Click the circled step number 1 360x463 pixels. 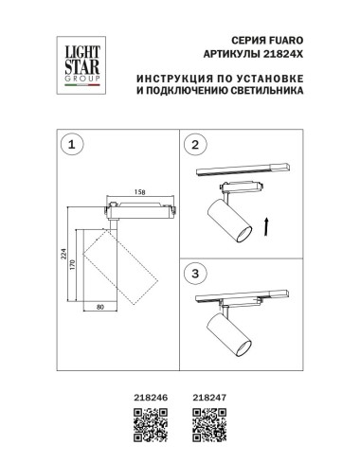[68, 145]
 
